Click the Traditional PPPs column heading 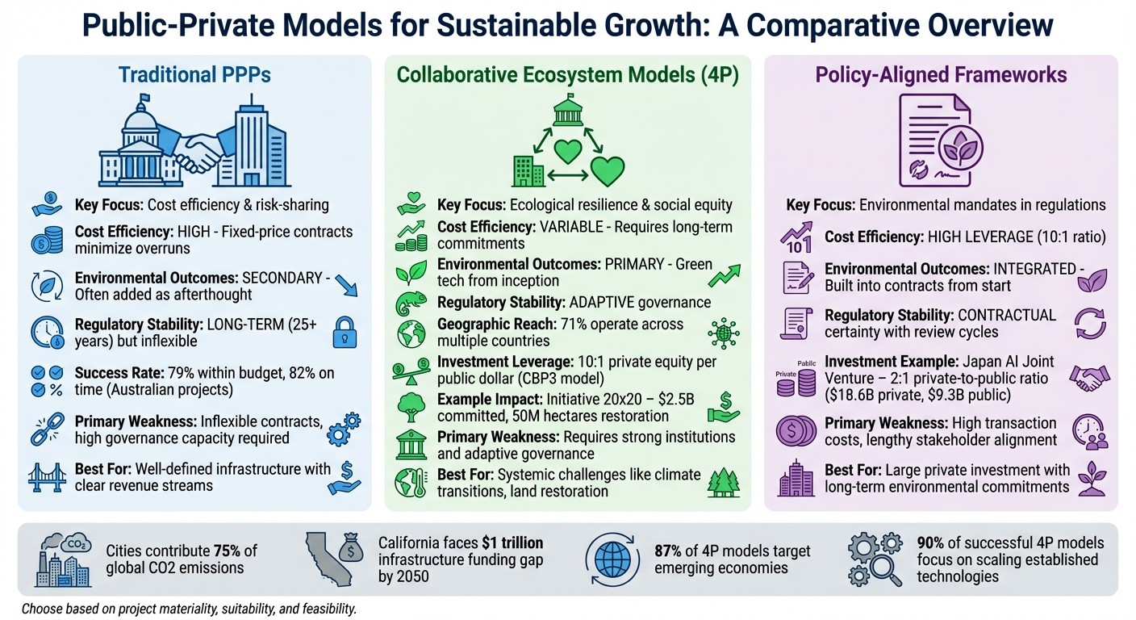pyautogui.click(x=194, y=75)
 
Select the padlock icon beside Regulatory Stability pyautogui.click(x=345, y=332)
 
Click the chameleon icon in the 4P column pyautogui.click(x=411, y=302)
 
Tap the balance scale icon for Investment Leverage pyautogui.click(x=411, y=371)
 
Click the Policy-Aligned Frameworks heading pyautogui.click(x=941, y=75)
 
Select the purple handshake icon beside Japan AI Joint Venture pyautogui.click(x=1088, y=377)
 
